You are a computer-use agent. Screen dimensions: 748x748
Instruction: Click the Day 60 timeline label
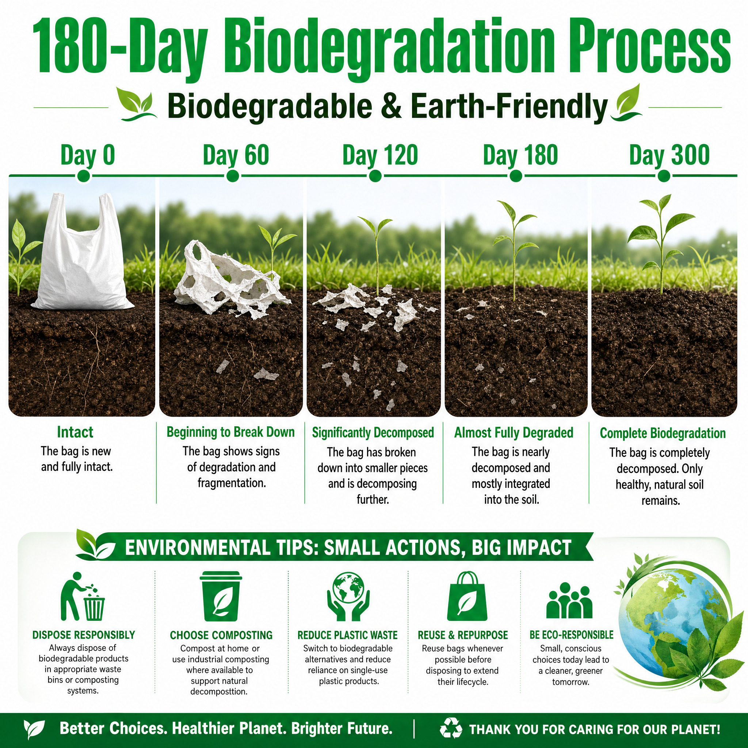tap(236, 156)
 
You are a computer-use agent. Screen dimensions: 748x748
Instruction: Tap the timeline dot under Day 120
tap(375, 176)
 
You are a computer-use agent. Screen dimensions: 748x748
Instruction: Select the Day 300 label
tap(669, 156)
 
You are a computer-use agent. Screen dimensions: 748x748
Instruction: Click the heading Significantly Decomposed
tap(373, 433)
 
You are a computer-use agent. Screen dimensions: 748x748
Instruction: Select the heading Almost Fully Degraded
tap(514, 433)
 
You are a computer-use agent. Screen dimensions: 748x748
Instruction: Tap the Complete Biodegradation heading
tap(663, 433)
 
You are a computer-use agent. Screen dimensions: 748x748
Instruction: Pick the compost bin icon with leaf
tap(221, 596)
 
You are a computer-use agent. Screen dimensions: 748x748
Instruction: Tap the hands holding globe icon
tap(348, 596)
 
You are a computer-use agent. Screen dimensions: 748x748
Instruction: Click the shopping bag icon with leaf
tap(467, 596)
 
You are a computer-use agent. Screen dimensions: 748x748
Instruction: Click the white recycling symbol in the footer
tap(451, 728)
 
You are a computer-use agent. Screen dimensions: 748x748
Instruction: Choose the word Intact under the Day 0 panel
tap(75, 432)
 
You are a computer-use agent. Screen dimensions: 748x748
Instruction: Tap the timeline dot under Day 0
tap(84, 176)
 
